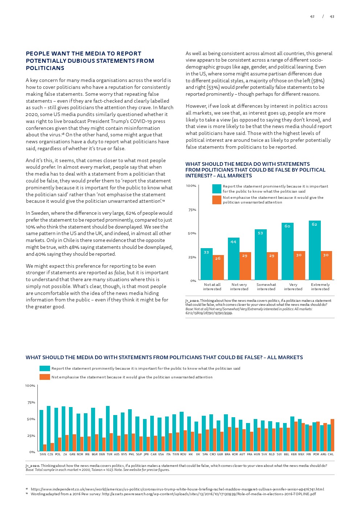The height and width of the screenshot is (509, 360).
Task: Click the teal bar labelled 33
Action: click(x=206, y=264)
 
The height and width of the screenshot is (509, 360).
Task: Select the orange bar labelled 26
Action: click(x=218, y=267)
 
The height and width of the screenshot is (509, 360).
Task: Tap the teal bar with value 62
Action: click(x=315, y=250)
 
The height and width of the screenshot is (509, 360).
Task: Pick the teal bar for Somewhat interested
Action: click(x=261, y=254)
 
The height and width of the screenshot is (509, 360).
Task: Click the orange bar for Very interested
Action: click(x=299, y=265)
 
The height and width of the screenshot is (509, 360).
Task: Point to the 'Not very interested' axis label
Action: click(x=239, y=287)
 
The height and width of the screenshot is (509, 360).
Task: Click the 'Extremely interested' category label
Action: click(x=320, y=287)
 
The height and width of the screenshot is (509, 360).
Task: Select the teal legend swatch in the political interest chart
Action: click(x=217, y=189)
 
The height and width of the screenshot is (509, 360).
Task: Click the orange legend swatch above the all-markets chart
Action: click(x=45, y=377)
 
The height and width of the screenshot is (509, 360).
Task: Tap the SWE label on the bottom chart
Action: click(x=43, y=454)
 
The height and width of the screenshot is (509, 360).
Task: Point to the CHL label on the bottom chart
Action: click(x=331, y=454)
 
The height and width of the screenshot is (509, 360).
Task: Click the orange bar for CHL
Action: click(x=332, y=435)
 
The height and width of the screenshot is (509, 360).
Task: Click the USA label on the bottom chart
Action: click(x=161, y=454)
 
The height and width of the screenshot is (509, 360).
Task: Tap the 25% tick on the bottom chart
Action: click(x=31, y=436)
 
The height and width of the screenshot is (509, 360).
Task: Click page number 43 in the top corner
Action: click(x=332, y=16)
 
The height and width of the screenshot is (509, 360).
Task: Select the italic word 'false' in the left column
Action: click(x=119, y=273)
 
